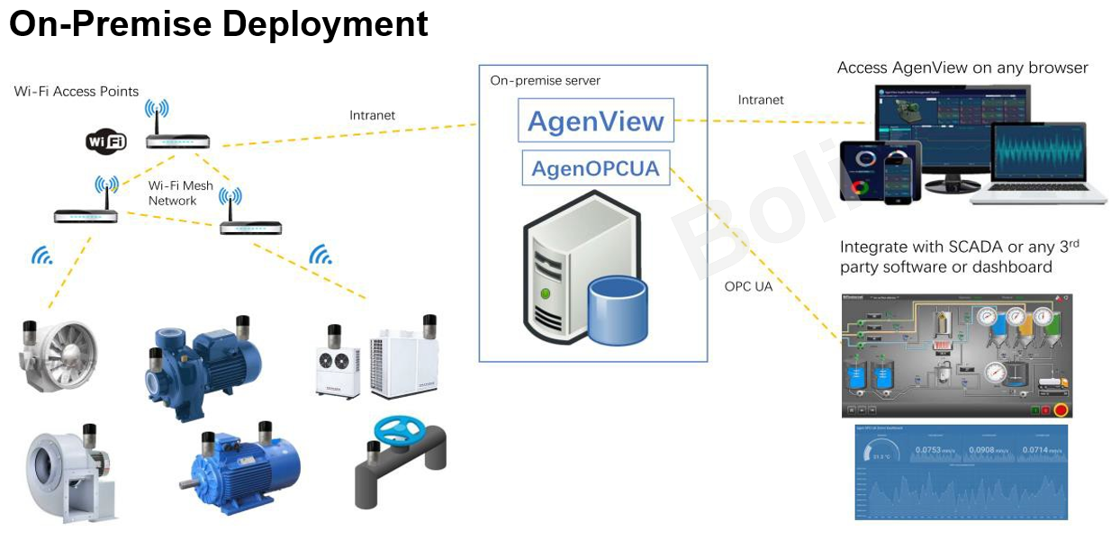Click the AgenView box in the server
tap(596, 121)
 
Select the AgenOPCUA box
tap(596, 168)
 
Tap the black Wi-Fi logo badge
tap(106, 140)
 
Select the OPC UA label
tap(748, 287)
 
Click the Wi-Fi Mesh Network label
tap(181, 193)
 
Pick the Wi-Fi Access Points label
tap(77, 91)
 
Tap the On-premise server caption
tap(545, 80)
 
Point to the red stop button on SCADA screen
tap(1060, 410)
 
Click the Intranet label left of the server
tap(372, 115)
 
